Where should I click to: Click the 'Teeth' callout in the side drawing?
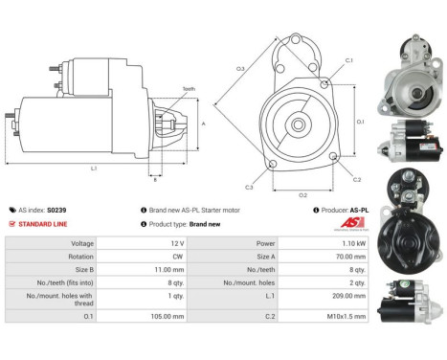188,89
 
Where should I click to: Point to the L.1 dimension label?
92,169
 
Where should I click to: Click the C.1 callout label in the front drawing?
348,60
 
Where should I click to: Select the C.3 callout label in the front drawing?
249,187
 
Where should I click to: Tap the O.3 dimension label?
240,69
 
